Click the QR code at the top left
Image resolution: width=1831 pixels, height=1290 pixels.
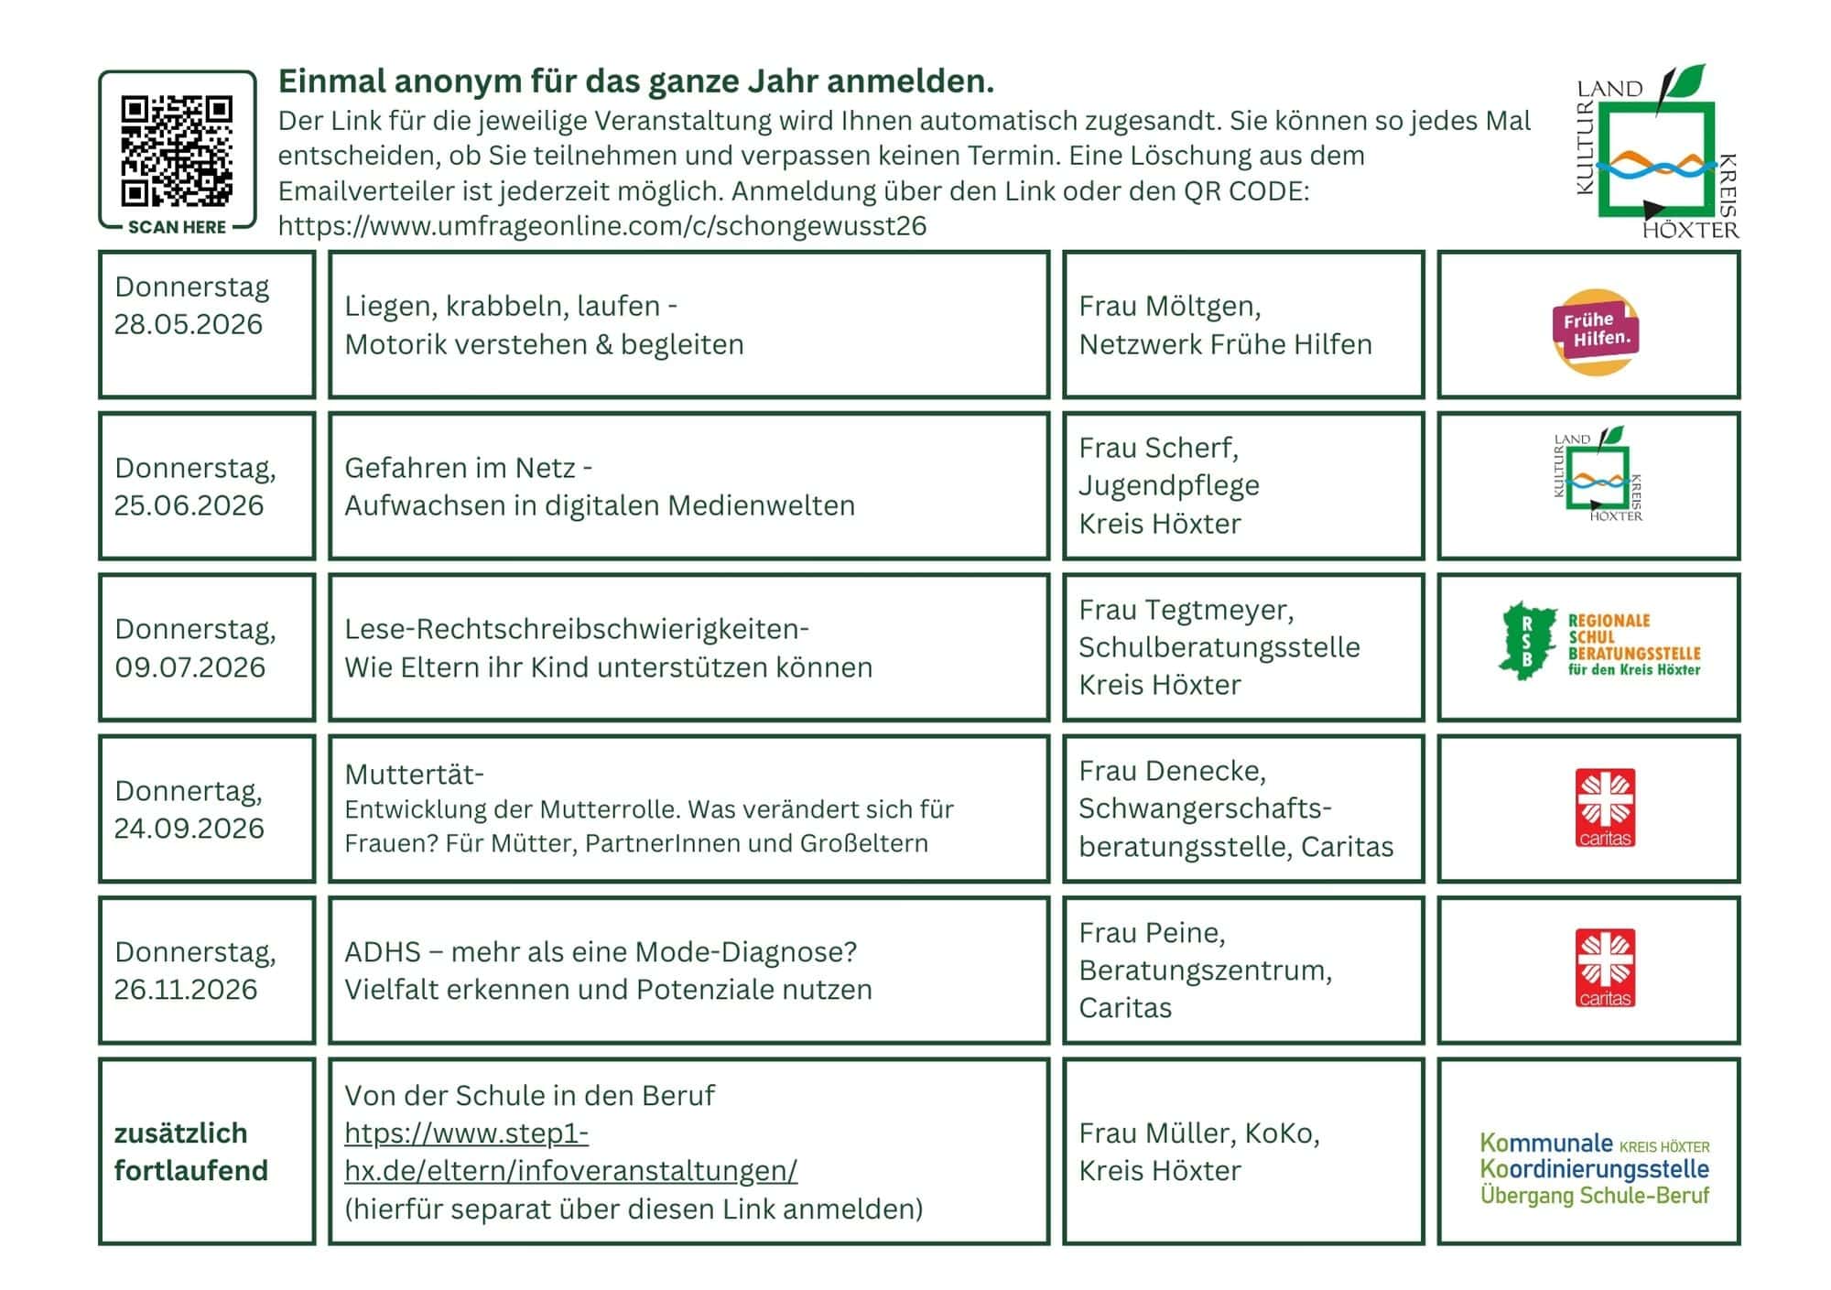(177, 151)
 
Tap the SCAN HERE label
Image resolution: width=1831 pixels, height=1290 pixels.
(177, 227)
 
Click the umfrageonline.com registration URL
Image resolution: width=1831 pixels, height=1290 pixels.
(601, 225)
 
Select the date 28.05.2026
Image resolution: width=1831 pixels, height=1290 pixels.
(188, 324)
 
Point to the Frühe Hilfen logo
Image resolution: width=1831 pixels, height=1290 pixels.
(1596, 331)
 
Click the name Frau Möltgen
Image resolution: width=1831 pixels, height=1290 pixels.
(1169, 306)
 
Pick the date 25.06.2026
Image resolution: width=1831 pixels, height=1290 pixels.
(189, 505)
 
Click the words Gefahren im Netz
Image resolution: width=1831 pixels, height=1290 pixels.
(459, 468)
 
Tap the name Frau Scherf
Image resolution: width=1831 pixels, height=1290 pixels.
(1158, 448)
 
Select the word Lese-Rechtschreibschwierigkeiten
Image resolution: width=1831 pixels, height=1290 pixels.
(576, 629)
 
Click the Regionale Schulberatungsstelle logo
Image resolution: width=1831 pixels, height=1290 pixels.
(1599, 643)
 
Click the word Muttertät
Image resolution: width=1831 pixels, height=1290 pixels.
(414, 775)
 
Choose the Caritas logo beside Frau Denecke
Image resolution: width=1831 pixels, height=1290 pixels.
(1604, 808)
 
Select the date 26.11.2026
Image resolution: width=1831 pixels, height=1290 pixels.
(186, 990)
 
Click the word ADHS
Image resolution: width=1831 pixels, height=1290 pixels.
(382, 952)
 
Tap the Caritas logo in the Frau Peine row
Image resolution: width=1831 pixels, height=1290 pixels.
(1604, 969)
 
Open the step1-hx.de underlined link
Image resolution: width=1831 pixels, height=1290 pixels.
(570, 1152)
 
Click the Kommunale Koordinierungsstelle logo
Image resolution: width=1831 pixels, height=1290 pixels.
(1594, 1168)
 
